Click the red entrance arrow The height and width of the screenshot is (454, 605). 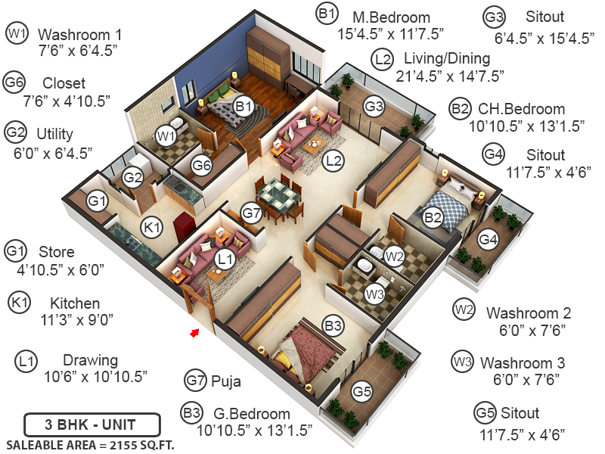[194, 331]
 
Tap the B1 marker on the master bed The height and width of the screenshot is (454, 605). [243, 107]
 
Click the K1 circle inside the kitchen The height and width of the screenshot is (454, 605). [153, 226]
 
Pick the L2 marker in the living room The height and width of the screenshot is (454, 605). [334, 160]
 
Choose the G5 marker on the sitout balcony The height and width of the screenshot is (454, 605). [362, 392]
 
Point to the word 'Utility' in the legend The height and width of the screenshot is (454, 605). [54, 134]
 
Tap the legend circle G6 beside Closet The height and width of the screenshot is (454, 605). [15, 82]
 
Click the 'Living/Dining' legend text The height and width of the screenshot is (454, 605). [447, 58]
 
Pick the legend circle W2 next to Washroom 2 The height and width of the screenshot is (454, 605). [464, 309]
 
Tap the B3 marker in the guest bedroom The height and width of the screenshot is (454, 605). [333, 326]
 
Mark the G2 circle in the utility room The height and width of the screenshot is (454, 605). [133, 178]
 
